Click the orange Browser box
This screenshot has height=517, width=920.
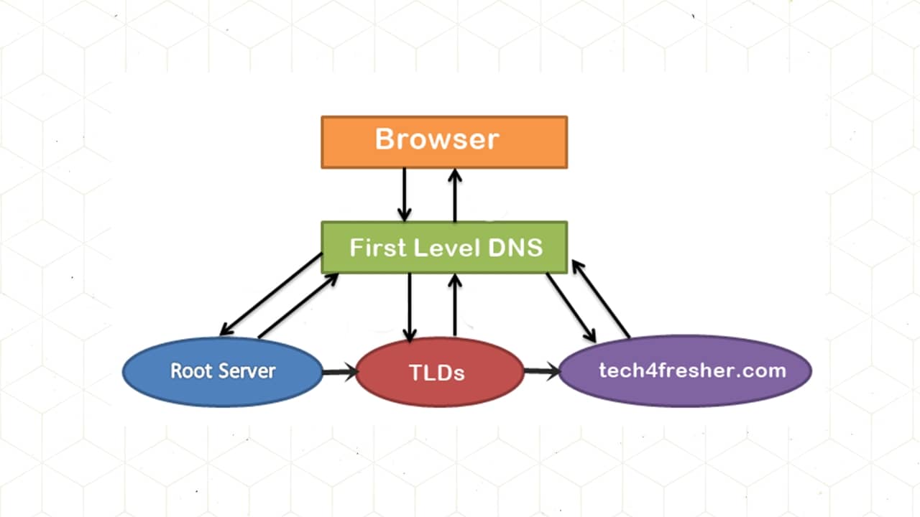[x=443, y=141]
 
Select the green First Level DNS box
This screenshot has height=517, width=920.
[x=443, y=247]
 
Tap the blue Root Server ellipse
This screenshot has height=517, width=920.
[x=223, y=371]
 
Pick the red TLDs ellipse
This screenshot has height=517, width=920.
[x=439, y=372]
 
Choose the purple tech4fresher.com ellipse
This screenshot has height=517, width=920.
[x=685, y=371]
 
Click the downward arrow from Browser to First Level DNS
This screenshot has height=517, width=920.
[x=404, y=194]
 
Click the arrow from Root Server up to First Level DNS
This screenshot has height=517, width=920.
[x=298, y=305]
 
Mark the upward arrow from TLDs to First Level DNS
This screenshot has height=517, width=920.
[x=454, y=305]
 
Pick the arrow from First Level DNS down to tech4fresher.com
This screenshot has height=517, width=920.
[x=571, y=307]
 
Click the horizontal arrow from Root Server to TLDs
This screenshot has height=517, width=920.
[x=339, y=372]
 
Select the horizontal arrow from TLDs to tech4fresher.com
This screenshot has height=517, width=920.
[x=541, y=371]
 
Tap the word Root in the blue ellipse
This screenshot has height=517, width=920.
[x=187, y=371]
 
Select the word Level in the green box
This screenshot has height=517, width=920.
[x=438, y=248]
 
